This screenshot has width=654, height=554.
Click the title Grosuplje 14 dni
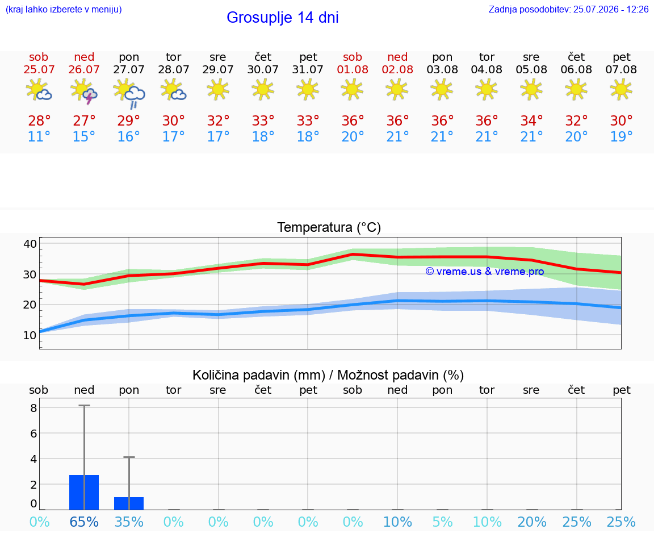pyautogui.click(x=282, y=18)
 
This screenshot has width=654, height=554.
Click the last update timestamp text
pyautogui.click(x=568, y=9)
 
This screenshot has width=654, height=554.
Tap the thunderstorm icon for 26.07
pyautogui.click(x=84, y=91)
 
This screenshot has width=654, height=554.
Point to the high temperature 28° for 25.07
pyautogui.click(x=39, y=120)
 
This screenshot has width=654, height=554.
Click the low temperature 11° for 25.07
pyautogui.click(x=39, y=136)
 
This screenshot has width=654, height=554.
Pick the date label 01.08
pyautogui.click(x=353, y=69)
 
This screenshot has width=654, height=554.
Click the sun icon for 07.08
pyautogui.click(x=621, y=89)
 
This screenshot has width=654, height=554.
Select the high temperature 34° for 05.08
pyautogui.click(x=531, y=120)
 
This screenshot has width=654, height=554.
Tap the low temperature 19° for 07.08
pyautogui.click(x=621, y=136)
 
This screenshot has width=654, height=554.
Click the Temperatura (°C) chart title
pyautogui.click(x=329, y=227)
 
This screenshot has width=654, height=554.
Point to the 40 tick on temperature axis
pyautogui.click(x=30, y=244)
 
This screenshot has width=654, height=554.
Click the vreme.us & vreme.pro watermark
pyautogui.click(x=485, y=272)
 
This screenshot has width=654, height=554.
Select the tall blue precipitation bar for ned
pyautogui.click(x=84, y=492)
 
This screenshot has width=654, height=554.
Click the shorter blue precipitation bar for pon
pyautogui.click(x=129, y=503)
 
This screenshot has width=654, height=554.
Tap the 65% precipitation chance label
pyautogui.click(x=84, y=522)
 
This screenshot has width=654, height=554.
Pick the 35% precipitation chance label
pyautogui.click(x=129, y=522)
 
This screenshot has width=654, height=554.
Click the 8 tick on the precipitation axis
pyautogui.click(x=33, y=408)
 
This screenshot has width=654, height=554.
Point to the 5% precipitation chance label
pyautogui.click(x=442, y=522)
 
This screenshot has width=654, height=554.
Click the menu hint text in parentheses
pyautogui.click(x=64, y=9)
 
